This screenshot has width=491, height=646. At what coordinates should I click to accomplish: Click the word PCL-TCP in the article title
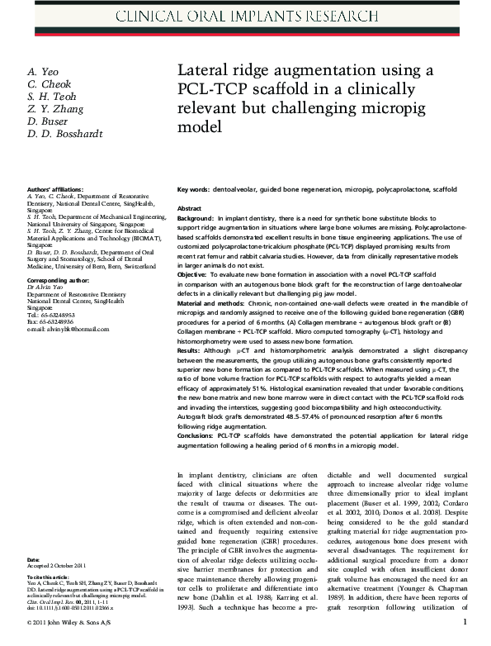coord(208,88)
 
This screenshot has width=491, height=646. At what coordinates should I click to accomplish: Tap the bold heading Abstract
coord(189,208)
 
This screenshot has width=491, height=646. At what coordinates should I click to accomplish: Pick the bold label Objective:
coord(193,273)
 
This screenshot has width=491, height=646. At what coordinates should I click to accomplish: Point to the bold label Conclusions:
coord(198,435)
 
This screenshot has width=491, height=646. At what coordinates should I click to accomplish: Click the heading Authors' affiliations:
coord(54,189)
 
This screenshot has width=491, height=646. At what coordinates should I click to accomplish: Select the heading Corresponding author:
coord(57,280)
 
